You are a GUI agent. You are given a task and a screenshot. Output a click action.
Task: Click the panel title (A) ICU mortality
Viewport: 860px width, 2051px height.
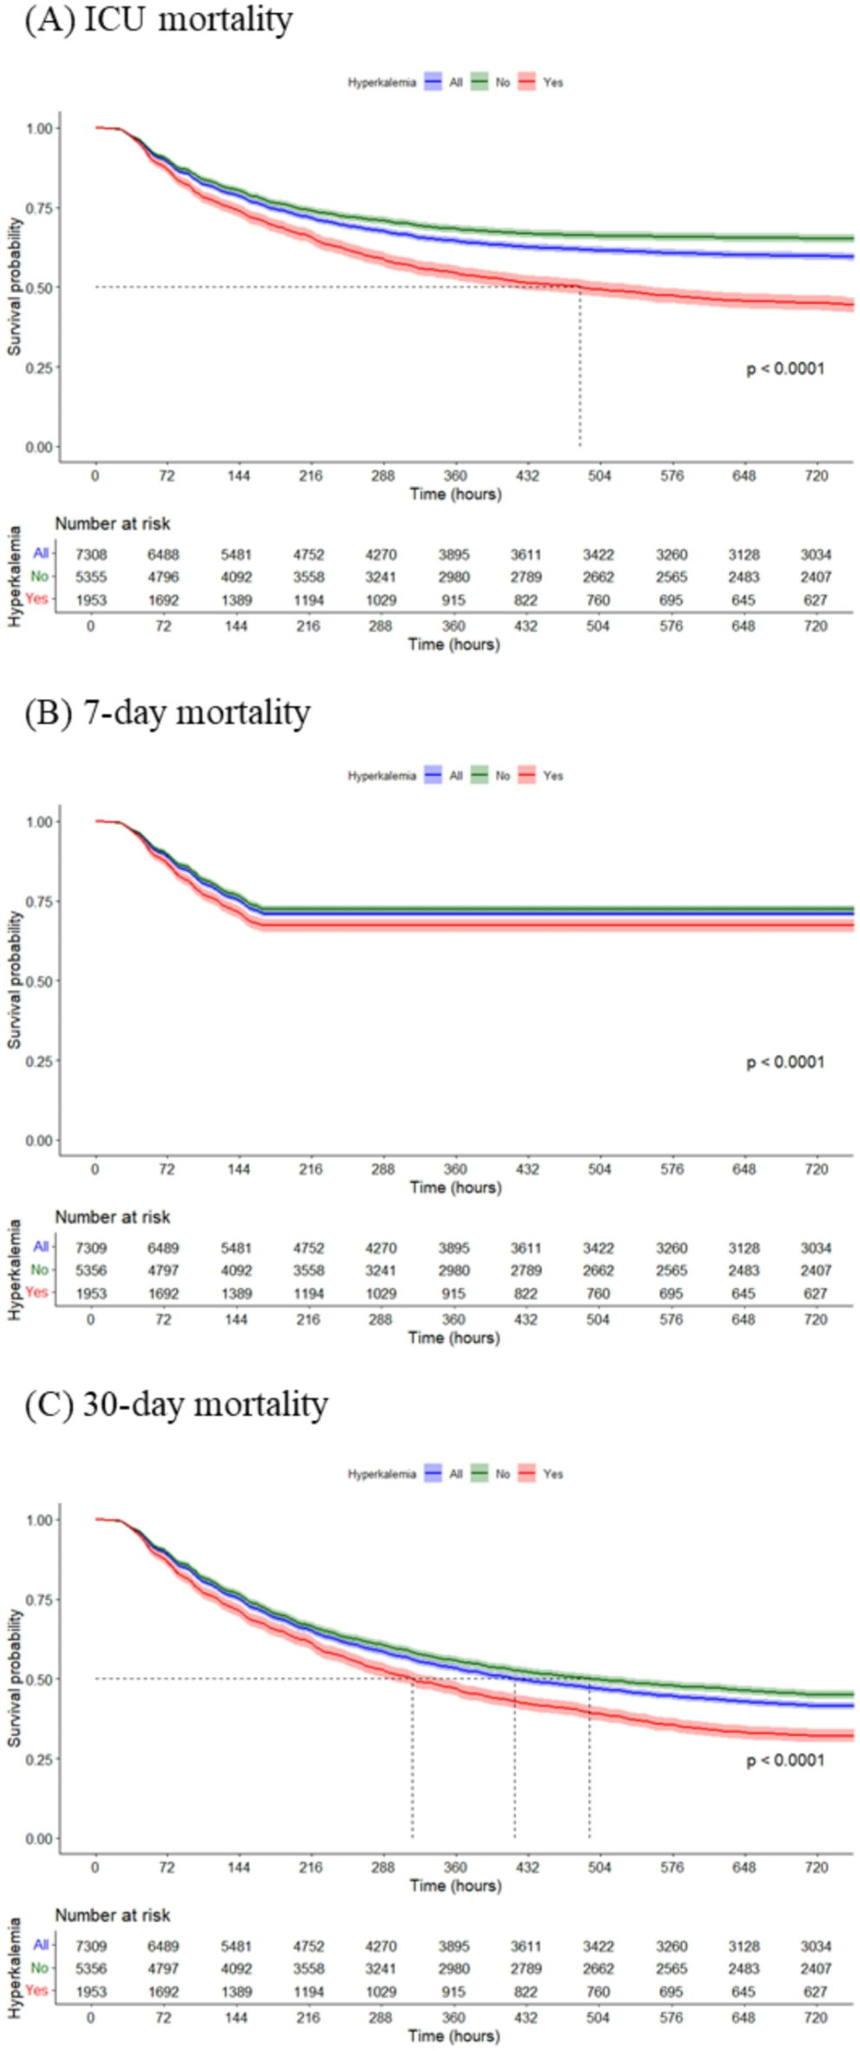tap(159, 20)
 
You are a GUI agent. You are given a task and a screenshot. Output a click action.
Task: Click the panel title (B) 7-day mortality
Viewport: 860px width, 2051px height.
tap(167, 713)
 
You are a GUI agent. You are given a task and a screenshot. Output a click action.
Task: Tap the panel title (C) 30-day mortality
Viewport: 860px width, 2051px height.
tap(176, 1404)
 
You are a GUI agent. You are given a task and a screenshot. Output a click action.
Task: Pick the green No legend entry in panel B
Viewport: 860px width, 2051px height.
tap(491, 776)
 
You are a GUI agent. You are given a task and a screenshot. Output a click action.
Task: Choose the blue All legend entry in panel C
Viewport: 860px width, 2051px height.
tap(444, 1474)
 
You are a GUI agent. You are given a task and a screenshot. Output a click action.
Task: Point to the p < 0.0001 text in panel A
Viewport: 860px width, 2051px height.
tap(785, 369)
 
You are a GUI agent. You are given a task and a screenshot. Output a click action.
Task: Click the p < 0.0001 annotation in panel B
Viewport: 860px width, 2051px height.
tap(785, 1062)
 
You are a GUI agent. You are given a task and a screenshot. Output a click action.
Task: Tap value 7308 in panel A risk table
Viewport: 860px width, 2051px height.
tap(91, 555)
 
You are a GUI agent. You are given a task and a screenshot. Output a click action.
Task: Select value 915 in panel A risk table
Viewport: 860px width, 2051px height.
tap(453, 600)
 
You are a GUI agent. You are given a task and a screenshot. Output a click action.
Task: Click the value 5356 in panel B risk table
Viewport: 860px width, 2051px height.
tap(91, 1271)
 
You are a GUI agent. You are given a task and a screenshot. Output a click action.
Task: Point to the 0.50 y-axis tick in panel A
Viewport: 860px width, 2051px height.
tap(40, 287)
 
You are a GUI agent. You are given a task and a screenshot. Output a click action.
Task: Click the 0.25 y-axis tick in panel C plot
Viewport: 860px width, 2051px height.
tap(40, 1759)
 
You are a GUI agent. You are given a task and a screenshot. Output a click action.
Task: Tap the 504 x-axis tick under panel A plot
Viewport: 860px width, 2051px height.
tap(599, 476)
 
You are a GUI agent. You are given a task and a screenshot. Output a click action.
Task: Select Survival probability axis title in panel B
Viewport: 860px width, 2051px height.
tap(15, 980)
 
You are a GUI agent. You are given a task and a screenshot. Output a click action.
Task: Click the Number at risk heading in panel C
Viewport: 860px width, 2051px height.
tap(113, 1916)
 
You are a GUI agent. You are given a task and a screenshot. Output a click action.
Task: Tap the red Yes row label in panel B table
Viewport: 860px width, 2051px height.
tap(37, 1292)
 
